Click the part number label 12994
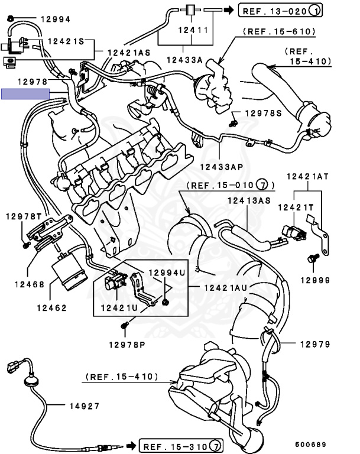(55, 20)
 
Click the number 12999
(314, 280)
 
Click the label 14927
(83, 406)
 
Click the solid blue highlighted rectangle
(25, 93)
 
